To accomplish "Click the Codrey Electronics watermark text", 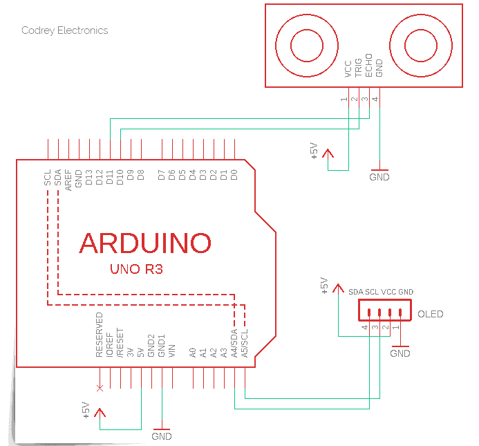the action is pos(65,30).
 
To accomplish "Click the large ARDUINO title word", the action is pos(145,243).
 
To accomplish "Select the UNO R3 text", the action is pos(136,269).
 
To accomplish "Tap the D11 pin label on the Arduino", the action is pos(110,177).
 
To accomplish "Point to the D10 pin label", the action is pos(120,177).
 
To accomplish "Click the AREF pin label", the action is pos(68,180).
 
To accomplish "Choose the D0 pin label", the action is pos(234,175).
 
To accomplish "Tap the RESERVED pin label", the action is pos(100,335).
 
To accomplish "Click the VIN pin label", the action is pos(172,351).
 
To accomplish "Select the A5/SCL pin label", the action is pos(245,343).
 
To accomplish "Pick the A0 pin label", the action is pos(192,353).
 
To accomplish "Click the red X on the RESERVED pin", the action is pos(100,388).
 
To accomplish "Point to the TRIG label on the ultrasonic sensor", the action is pos(358,68).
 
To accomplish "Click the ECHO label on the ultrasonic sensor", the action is pos(368,66).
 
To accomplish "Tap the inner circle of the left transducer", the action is pos(307,46).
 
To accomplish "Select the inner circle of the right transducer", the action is pos(421,46).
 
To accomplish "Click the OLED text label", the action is pos(430,314).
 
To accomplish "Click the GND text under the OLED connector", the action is pos(400,353).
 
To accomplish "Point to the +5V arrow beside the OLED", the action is pos(338,289).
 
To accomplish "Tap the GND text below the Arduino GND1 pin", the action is pos(162,436).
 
